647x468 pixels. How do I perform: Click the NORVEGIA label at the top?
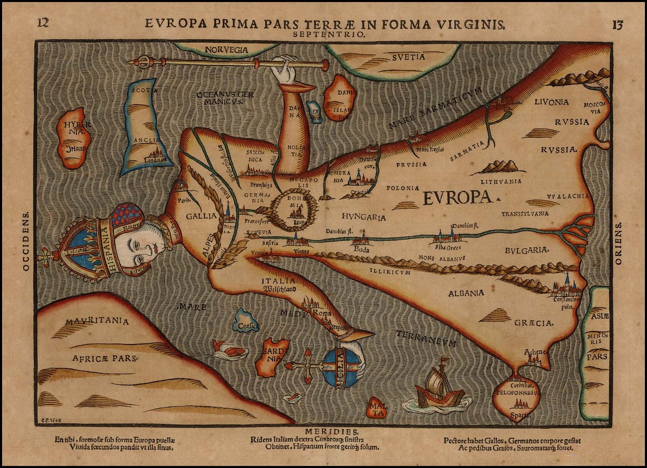(227, 50)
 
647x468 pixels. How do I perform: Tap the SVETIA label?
(408, 57)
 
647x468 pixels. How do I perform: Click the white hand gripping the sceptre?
(283, 72)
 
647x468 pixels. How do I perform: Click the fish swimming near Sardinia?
(229, 351)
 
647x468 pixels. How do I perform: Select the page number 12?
(43, 23)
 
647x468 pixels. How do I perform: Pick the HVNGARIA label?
(363, 217)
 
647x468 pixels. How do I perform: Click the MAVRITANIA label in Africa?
(97, 321)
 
